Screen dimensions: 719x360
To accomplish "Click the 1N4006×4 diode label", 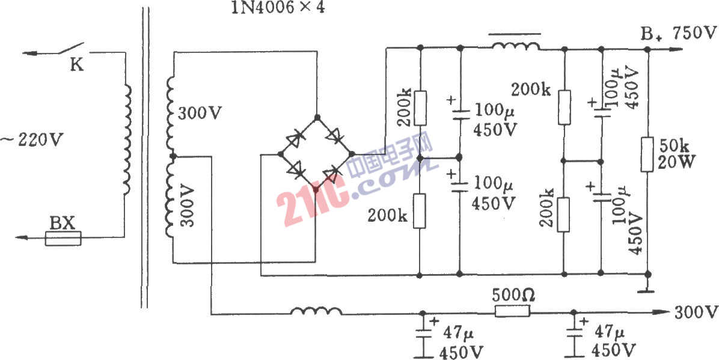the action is (278, 8).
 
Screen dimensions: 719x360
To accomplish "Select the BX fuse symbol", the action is (63, 239).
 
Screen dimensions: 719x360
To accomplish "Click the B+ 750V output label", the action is (679, 34).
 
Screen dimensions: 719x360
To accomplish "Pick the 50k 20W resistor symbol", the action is (647, 154).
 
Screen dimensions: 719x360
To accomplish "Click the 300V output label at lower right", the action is (696, 313).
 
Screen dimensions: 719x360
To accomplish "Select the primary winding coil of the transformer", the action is (127, 141).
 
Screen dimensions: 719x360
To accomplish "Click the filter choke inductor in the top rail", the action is (516, 46).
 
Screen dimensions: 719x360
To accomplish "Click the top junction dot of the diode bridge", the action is (316, 117).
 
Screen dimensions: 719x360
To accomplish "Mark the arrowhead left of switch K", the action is (30, 53).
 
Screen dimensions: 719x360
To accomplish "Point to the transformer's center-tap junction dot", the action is (173, 157).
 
